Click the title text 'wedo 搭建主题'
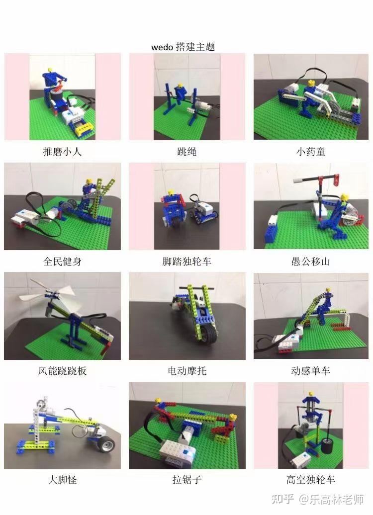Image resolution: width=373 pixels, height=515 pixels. coord(183,47)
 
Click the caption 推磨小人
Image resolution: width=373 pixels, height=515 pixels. coord(62,152)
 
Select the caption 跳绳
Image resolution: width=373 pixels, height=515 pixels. coord(186,152)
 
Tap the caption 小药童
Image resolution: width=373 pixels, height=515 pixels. coord(311,152)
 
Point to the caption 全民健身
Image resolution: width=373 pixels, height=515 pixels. coord(62,261)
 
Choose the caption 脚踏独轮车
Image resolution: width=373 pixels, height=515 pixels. coord(186,261)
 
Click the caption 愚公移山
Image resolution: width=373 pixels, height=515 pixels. coord(311,261)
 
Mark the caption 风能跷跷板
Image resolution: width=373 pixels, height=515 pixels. coord(62,371)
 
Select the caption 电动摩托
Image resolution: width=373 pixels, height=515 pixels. coord(186,371)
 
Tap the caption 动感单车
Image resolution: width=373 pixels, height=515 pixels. coord(311,371)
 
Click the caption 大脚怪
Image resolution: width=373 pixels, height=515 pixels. coord(62,480)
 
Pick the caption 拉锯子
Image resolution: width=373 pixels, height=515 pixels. coord(186,480)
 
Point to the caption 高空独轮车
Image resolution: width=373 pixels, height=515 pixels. coord(311,480)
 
